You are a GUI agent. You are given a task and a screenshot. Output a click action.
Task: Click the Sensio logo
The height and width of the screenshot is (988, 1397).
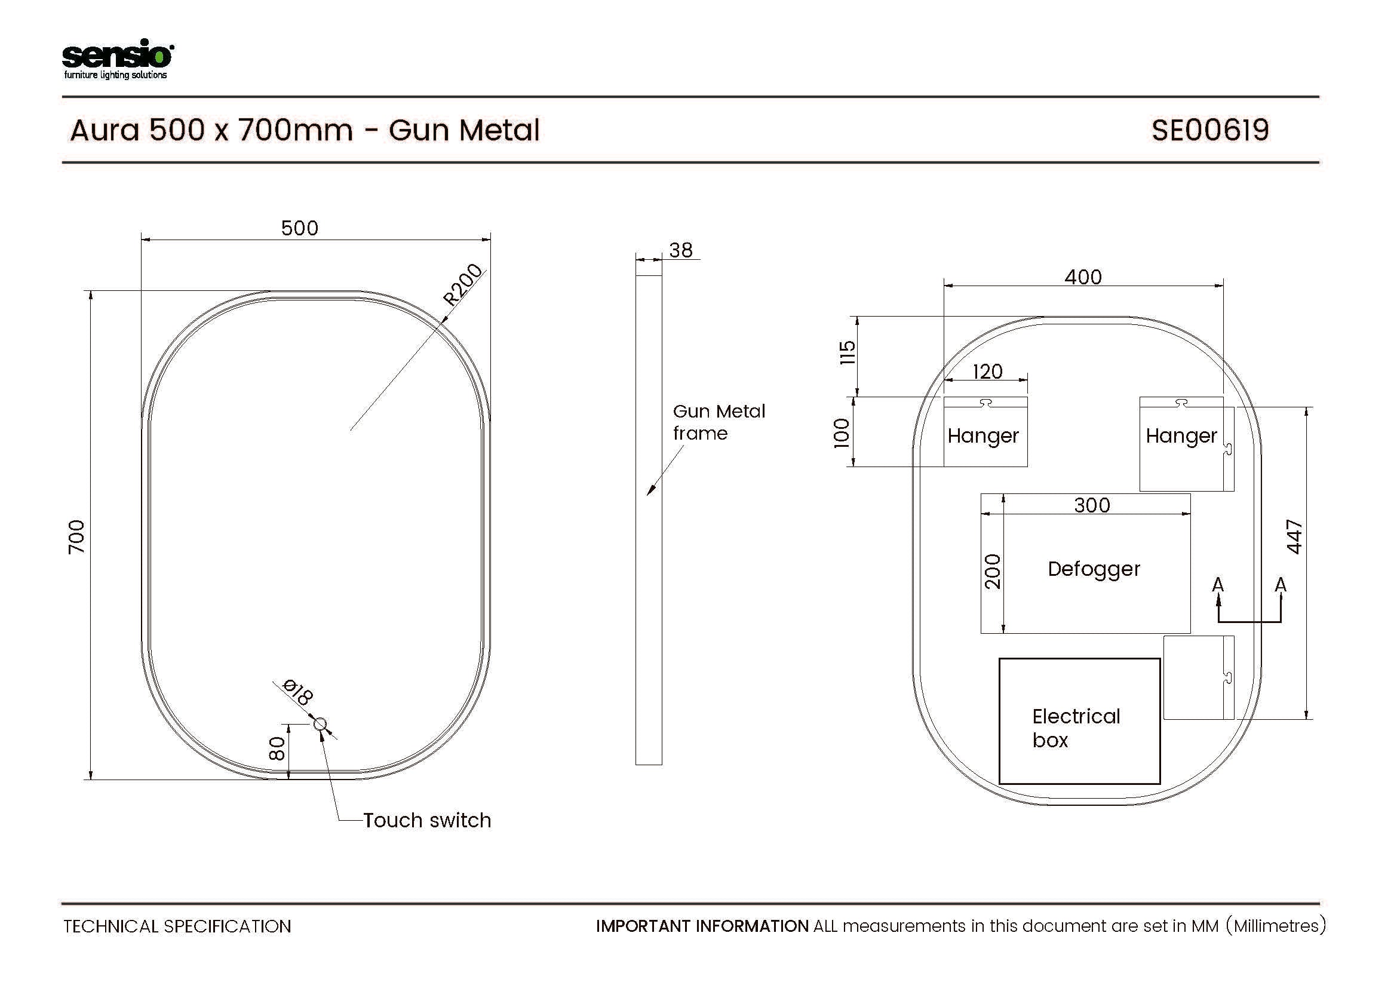pos(118,59)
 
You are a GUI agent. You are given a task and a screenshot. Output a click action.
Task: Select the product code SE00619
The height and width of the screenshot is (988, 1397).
pos(1209,130)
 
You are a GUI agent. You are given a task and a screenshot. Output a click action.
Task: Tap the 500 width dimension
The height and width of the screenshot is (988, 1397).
pos(299,228)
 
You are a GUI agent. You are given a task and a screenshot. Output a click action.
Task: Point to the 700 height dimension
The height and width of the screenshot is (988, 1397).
pos(76,536)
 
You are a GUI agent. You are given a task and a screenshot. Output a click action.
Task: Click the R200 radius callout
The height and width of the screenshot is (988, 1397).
pos(463,285)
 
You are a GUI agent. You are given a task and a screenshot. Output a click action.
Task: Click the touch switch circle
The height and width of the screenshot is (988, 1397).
pos(320,724)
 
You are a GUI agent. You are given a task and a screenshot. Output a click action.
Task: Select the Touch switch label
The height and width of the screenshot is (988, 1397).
pos(427,820)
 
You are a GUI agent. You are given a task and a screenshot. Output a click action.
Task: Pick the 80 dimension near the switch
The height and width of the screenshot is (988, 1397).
pos(277,748)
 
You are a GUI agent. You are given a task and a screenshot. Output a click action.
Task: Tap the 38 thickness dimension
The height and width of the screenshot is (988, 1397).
pos(681,250)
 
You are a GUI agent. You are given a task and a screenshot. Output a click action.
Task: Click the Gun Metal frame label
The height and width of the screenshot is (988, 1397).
pos(719,422)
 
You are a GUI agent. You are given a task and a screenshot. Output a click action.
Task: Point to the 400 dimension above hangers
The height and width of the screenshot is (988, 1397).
pos(1083,277)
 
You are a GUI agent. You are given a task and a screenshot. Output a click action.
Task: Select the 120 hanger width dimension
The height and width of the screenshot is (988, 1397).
pos(987,371)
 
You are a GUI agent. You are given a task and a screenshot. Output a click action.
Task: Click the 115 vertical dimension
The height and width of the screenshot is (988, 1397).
pos(848,352)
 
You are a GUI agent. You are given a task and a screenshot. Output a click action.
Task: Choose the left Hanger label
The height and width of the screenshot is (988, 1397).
pos(982,436)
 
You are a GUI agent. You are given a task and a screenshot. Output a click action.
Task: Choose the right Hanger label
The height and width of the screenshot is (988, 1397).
pos(1181,436)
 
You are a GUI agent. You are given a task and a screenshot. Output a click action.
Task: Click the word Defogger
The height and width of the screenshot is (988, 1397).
pos(1094,569)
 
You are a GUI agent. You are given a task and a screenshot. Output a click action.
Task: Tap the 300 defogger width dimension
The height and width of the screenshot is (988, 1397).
pos(1092,505)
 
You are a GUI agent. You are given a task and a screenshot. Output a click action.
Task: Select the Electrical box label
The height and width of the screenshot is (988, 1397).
pos(1076,728)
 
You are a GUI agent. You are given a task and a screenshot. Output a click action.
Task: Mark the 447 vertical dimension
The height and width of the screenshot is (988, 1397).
pos(1294,536)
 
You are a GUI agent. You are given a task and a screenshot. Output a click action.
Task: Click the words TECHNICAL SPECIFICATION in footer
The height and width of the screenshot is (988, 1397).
pos(177,926)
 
